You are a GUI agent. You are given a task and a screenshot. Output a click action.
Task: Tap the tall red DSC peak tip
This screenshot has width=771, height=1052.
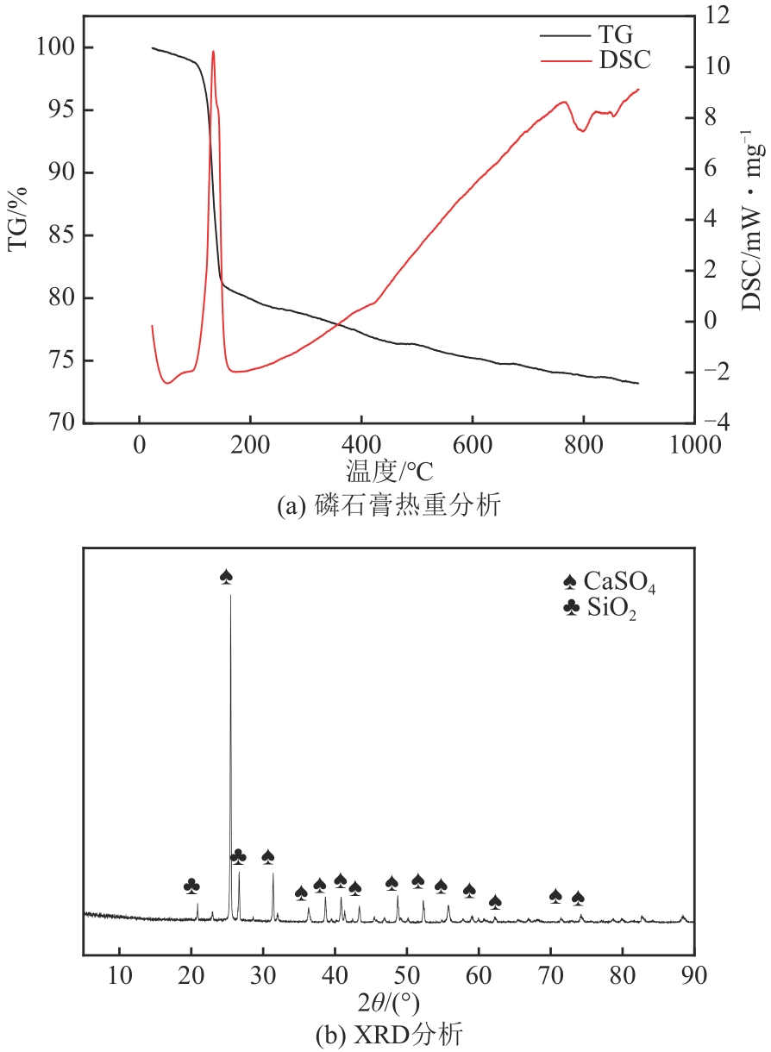(213, 52)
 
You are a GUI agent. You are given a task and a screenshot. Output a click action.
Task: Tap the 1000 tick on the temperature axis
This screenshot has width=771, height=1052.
(694, 445)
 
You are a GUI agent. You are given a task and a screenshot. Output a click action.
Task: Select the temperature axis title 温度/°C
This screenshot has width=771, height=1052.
(389, 471)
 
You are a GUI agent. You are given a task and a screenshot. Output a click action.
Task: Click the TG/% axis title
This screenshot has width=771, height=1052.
(18, 218)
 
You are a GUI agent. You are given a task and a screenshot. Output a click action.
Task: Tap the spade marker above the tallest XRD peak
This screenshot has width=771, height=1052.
(227, 576)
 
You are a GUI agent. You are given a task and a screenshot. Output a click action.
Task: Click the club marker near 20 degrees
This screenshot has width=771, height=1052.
(191, 886)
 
